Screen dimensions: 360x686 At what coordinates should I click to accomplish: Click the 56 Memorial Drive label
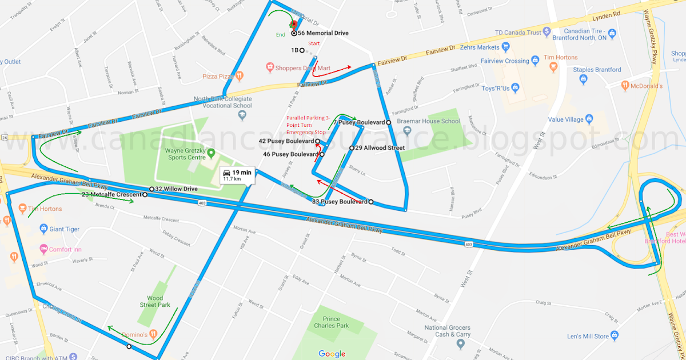coord(323,33)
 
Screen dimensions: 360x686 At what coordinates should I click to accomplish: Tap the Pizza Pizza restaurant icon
coord(241,75)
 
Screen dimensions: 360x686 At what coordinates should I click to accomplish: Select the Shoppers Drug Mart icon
coord(270,68)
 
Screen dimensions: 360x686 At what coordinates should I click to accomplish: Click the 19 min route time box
coord(237,175)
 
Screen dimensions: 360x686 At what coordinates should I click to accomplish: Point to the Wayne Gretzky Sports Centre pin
coord(211,153)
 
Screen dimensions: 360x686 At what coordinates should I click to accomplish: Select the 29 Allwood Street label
coord(380,148)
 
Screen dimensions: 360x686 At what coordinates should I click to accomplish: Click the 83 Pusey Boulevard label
coord(340,202)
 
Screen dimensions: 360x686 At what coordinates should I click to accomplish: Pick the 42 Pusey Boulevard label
coord(286,141)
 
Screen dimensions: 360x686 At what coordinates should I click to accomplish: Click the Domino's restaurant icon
coord(154,334)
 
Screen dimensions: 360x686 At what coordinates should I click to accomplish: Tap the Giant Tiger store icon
coord(43,229)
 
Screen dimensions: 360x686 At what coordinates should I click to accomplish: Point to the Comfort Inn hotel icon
coord(43,249)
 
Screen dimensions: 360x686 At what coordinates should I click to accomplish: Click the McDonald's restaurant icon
coord(625,86)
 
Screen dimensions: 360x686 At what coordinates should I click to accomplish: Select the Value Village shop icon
coord(589,119)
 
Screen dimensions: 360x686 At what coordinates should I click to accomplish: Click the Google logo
coord(332,354)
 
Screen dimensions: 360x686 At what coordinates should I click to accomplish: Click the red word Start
coord(314,43)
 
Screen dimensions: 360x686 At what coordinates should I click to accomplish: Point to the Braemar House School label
coord(429,121)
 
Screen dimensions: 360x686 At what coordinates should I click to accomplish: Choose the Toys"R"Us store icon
coord(515,88)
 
